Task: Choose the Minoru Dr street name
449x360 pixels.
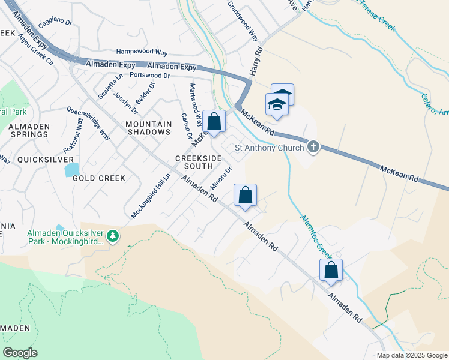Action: (x=221, y=179)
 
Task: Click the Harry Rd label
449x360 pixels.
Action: (x=256, y=62)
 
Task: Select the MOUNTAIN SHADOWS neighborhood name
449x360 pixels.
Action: (x=148, y=128)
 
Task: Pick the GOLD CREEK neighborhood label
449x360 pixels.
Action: (x=99, y=178)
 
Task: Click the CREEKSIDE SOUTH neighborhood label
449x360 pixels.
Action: (x=194, y=161)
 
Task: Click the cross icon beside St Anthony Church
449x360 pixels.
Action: (x=313, y=146)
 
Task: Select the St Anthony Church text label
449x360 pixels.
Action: (x=269, y=147)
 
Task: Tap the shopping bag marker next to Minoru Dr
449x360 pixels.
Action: (x=245, y=195)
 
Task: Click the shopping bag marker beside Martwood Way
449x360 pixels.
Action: (x=214, y=121)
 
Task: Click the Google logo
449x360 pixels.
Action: (x=20, y=353)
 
